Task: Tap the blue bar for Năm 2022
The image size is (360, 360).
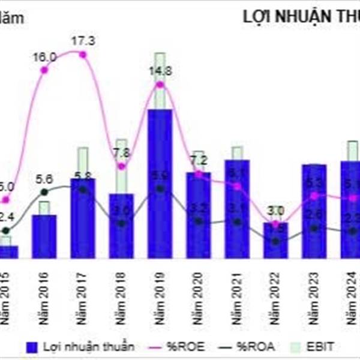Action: click(x=275, y=241)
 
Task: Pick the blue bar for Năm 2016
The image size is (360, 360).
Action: click(x=44, y=236)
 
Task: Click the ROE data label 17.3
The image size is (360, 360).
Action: click(x=83, y=41)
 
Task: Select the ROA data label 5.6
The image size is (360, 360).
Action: click(x=45, y=178)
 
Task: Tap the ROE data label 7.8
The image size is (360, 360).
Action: click(x=122, y=152)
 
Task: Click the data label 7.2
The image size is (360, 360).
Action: click(x=198, y=160)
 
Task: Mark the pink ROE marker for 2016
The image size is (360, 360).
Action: click(x=44, y=71)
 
